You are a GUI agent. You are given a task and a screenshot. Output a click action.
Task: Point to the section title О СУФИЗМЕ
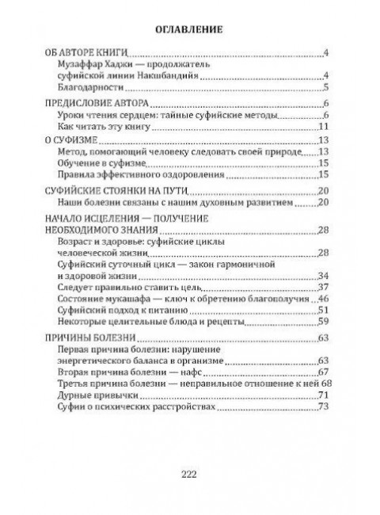74,141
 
